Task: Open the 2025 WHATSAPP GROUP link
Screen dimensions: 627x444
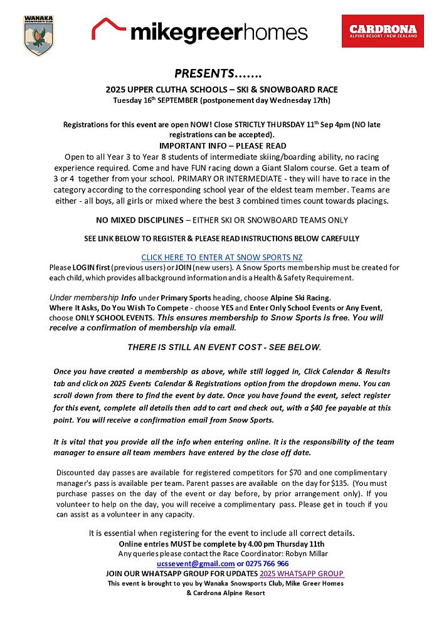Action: [x=302, y=574]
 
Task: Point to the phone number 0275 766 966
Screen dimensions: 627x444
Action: [x=267, y=564]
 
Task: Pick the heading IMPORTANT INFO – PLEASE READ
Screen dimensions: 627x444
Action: [x=221, y=145]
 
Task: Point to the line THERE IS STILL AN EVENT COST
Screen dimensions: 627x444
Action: [x=224, y=347]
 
